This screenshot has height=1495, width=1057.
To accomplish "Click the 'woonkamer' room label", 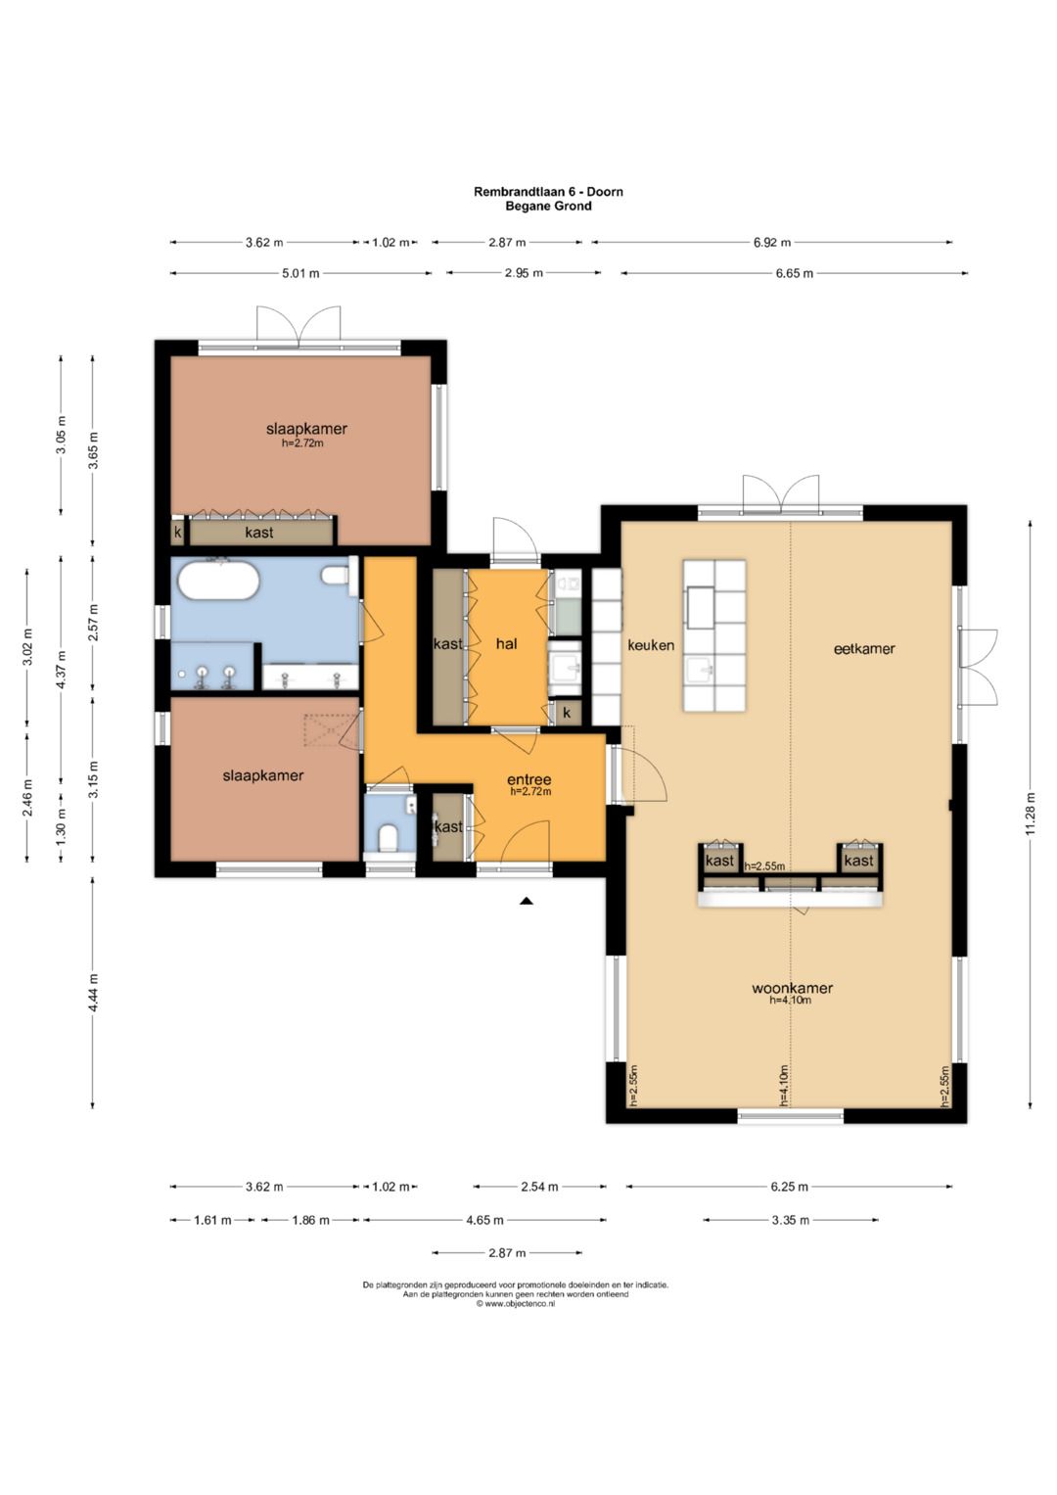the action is pyautogui.click(x=792, y=988).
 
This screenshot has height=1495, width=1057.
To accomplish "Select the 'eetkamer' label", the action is pyautogui.click(x=864, y=648).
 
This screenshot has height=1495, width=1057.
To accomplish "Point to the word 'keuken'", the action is pyautogui.click(x=651, y=645).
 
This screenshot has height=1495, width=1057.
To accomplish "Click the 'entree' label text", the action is pyautogui.click(x=529, y=779).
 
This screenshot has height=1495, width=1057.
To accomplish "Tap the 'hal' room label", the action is pyautogui.click(x=507, y=643).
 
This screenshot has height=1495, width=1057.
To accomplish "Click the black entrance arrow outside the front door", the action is pyautogui.click(x=527, y=901).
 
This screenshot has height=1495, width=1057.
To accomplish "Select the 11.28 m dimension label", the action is pyautogui.click(x=1031, y=814).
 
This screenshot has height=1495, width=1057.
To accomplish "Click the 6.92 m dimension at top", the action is pyautogui.click(x=772, y=242).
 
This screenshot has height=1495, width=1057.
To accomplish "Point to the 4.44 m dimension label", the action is pyautogui.click(x=93, y=993).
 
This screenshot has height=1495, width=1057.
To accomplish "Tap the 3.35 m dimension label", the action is pyautogui.click(x=791, y=1220).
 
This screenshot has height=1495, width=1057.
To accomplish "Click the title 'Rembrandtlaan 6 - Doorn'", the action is pyautogui.click(x=548, y=192).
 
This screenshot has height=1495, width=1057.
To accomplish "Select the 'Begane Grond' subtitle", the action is pyautogui.click(x=548, y=206).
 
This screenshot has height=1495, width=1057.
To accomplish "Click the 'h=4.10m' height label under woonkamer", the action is pyautogui.click(x=791, y=1000).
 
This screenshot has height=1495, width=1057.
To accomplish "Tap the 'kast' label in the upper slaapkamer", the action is pyautogui.click(x=259, y=532).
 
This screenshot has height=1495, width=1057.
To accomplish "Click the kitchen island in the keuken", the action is pyautogui.click(x=714, y=634).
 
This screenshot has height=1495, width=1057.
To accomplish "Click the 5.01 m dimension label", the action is pyautogui.click(x=301, y=273).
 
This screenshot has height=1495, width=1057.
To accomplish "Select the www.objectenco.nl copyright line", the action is pyautogui.click(x=515, y=1303).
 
